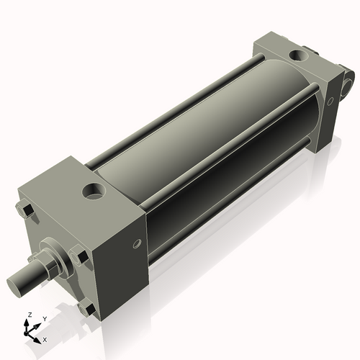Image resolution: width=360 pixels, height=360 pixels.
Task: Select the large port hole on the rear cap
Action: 298,55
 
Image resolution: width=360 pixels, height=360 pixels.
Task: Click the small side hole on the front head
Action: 137,243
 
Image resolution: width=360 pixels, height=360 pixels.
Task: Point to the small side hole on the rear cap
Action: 330,101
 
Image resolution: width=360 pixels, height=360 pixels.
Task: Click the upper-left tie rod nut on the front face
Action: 24,210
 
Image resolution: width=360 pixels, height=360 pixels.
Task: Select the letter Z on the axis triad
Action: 30,315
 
